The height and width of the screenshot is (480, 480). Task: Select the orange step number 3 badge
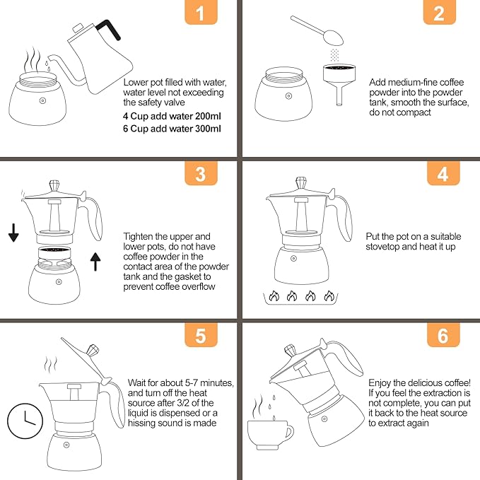[200, 174]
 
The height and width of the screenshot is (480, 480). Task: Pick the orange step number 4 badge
[443, 174]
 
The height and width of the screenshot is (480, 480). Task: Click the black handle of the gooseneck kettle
[110, 29]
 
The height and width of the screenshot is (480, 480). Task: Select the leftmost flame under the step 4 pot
[272, 297]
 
